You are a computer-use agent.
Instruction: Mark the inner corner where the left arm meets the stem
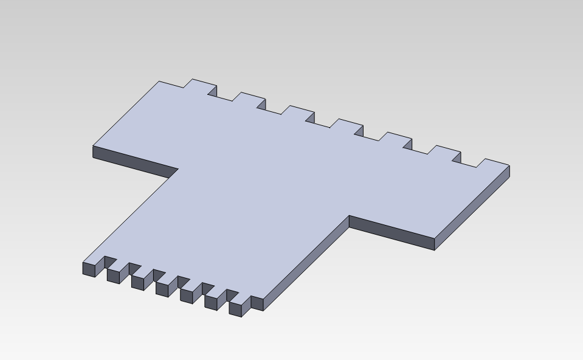point(178,168)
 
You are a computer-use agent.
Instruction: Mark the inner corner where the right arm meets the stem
point(350,215)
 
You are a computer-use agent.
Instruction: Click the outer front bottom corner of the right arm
point(435,249)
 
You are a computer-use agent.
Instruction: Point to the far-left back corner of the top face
point(159,81)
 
